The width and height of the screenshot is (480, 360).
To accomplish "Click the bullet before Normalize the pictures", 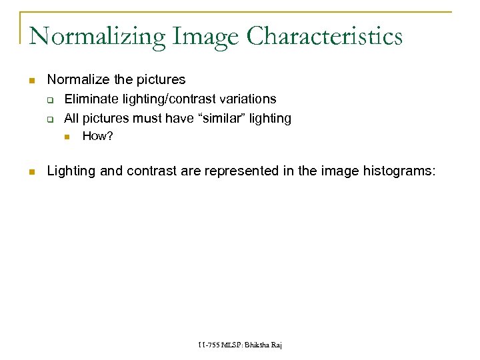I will tap(31, 81).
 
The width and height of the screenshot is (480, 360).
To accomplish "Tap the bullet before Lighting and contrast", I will tap(31, 172).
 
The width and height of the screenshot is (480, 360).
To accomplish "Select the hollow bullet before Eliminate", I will tap(49, 100).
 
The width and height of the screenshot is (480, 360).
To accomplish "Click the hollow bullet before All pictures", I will tap(49, 119).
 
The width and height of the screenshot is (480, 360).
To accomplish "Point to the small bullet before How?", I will tap(67, 137).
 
